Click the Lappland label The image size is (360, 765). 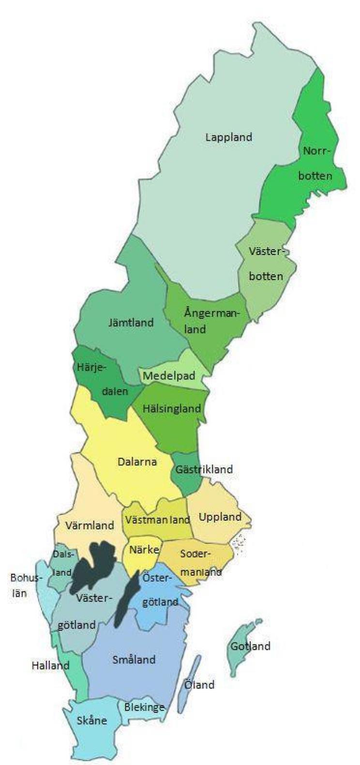coord(228,137)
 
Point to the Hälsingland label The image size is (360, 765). coord(171,408)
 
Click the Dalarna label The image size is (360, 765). coord(137,462)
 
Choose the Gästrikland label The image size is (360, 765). coord(204,469)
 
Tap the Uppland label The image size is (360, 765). coord(220,517)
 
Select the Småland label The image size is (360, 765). coord(134,659)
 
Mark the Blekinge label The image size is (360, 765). coord(144,707)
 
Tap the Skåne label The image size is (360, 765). coord(91,720)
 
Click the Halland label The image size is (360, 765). coord(50,665)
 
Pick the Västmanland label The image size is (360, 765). coord(157,520)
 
